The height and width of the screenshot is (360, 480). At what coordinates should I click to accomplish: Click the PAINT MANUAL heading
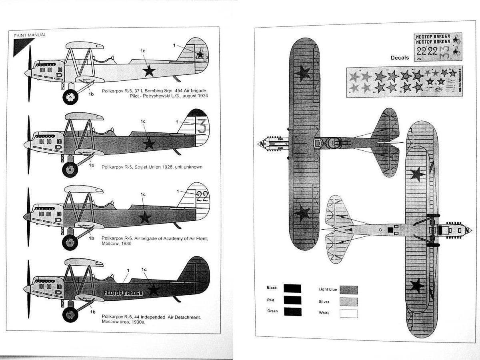tap(30, 35)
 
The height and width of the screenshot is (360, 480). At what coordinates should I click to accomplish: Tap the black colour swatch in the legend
tap(292, 288)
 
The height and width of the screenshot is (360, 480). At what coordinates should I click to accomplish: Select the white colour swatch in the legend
tap(348, 313)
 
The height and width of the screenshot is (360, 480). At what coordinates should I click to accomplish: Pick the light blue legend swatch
tap(348, 290)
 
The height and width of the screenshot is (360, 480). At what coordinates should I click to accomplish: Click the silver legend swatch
tap(348, 301)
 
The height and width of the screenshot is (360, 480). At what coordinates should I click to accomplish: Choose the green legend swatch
tap(292, 312)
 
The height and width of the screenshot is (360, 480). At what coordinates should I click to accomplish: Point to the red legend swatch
tap(292, 300)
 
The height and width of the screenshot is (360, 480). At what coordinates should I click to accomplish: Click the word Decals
tap(400, 58)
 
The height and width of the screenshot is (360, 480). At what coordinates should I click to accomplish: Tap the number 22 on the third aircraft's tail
tap(202, 196)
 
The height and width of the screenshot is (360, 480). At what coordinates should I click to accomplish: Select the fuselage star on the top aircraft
tap(149, 71)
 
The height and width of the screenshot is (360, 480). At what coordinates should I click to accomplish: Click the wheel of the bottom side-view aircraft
tap(70, 314)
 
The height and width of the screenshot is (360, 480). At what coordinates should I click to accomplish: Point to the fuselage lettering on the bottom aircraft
tap(123, 293)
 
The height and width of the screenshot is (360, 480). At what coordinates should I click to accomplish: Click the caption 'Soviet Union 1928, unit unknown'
tap(152, 166)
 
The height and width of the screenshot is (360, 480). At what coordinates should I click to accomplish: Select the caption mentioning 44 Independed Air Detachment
tap(152, 319)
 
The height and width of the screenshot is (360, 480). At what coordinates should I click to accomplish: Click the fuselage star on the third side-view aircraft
tap(145, 217)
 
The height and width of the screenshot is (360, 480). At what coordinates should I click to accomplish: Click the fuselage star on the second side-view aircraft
tap(149, 143)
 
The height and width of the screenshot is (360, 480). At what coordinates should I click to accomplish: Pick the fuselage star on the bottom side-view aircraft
tap(153, 290)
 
